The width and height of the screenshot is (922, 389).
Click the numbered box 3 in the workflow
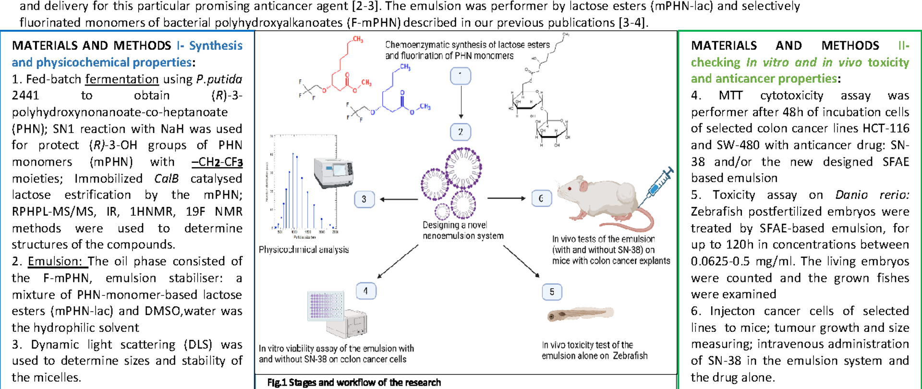point(364,199)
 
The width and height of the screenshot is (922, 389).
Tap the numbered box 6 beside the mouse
point(541,198)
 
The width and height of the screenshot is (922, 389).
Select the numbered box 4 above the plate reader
point(366,291)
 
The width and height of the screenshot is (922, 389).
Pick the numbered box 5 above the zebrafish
point(552,292)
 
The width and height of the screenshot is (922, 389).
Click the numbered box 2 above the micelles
point(461,132)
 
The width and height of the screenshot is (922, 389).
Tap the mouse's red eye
point(570,189)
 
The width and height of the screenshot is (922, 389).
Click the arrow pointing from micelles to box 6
point(506,198)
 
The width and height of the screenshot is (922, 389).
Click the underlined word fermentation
point(122,79)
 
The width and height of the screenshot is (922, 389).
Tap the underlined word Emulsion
point(56,261)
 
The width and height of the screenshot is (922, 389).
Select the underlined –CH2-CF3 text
point(217,162)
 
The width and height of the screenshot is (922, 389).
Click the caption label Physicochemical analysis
point(303,250)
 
